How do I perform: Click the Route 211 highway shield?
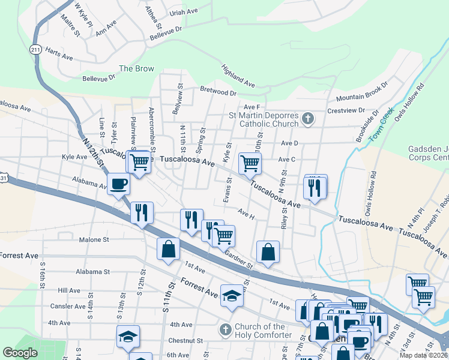coord(37,49)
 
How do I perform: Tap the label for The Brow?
coord(136,68)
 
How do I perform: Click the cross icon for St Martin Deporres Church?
coord(307,118)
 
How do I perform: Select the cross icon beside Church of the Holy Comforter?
coord(224,329)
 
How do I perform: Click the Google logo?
coord(20,353)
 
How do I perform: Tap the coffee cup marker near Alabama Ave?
coord(118,184)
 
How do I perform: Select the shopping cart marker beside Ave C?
coord(249,162)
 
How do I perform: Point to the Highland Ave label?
coord(238,76)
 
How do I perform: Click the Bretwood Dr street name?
coord(218,93)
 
